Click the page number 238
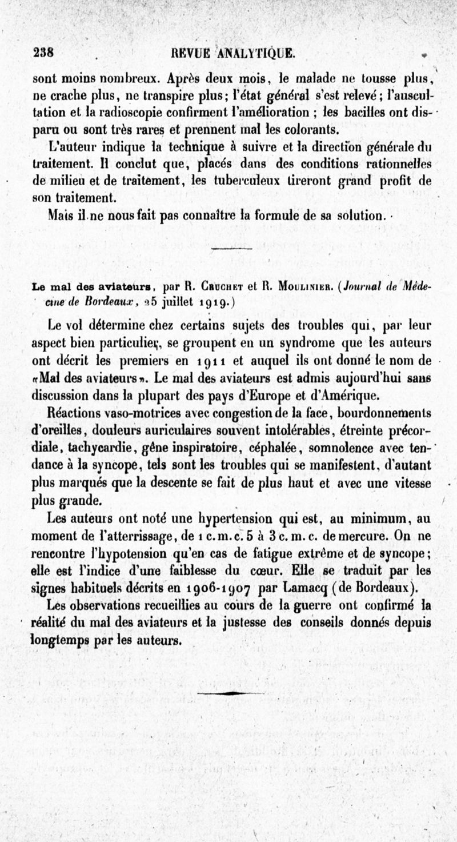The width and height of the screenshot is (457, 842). coord(44,53)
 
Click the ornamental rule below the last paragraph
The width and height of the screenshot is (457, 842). coord(231,693)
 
